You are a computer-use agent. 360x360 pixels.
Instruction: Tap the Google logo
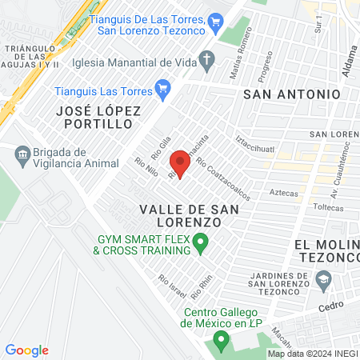click(26, 350)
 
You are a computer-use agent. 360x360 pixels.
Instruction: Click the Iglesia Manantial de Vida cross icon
click(207, 58)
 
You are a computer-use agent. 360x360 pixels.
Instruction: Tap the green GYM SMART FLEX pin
click(201, 241)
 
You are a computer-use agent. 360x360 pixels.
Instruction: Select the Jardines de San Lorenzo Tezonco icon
click(324, 279)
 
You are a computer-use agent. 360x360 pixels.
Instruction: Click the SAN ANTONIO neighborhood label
click(286, 94)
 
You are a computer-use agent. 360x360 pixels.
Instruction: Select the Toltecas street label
click(304, 206)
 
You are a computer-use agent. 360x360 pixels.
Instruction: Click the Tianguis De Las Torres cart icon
click(214, 22)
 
